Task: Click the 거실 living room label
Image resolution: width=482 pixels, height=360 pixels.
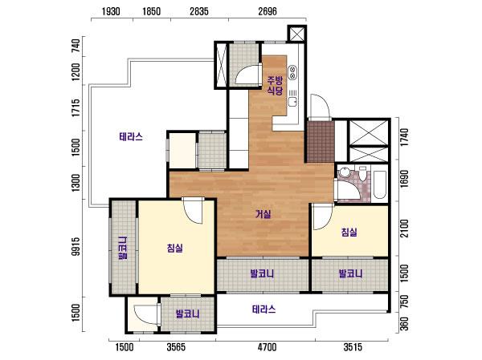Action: point(263,214)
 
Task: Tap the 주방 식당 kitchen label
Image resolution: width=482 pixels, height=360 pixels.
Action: point(275,86)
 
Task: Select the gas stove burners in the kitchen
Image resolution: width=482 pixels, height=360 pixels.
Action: point(292,72)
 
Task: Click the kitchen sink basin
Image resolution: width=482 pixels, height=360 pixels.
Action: point(292,101)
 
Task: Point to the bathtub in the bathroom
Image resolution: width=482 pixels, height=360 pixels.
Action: point(380,184)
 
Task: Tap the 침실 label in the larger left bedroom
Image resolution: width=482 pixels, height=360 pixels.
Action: point(175,248)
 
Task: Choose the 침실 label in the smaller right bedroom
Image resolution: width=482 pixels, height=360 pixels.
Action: point(349,232)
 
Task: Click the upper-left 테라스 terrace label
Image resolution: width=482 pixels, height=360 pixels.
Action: point(131,136)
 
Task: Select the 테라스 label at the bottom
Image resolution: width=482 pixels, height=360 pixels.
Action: point(263,309)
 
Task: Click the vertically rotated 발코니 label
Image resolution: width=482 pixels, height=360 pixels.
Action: point(122,249)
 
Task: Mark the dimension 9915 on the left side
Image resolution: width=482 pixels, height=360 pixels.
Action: point(76,246)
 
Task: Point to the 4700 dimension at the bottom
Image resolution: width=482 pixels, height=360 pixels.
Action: point(268,347)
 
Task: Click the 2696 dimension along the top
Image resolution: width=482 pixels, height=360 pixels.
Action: point(268,12)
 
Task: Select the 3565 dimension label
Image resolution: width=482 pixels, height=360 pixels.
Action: point(176,347)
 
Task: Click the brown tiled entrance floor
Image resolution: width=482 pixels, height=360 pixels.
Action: point(321,141)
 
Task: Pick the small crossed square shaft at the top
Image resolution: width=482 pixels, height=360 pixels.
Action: point(296,34)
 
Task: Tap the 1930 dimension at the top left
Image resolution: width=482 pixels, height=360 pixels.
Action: point(111,12)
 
